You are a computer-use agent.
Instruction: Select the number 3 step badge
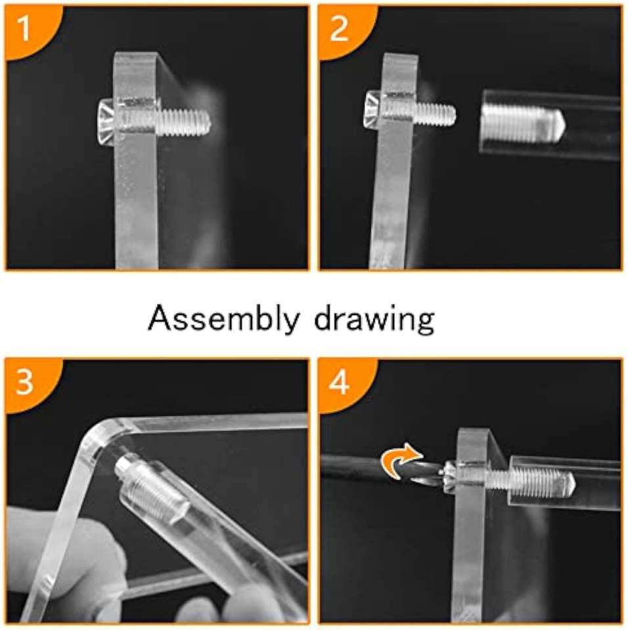click(24, 382)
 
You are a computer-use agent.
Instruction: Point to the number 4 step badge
click(339, 382)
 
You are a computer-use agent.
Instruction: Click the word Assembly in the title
click(224, 319)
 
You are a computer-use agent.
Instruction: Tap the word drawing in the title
click(374, 319)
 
